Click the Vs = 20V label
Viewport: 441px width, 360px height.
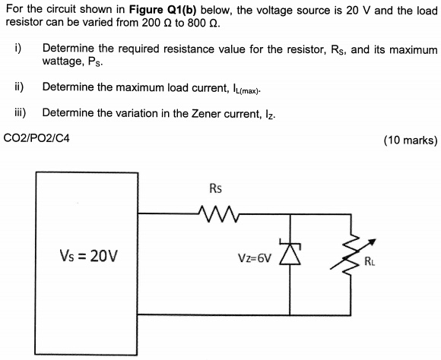click(87, 255)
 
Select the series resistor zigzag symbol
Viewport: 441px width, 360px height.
click(215, 211)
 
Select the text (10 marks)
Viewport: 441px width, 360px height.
click(410, 140)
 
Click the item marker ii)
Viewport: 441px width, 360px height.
click(19, 87)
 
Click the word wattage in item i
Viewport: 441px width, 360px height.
click(62, 62)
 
